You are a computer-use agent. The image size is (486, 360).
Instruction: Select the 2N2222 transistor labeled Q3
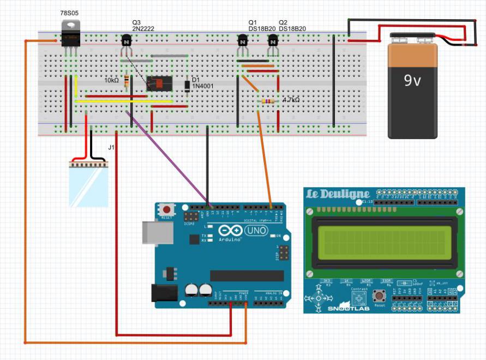127,41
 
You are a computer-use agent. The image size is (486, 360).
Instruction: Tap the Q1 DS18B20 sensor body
243,41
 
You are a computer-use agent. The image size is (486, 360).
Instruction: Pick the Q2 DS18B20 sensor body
273,41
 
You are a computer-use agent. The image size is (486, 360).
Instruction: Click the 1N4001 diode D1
187,85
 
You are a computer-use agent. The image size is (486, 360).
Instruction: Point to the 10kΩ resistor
127,81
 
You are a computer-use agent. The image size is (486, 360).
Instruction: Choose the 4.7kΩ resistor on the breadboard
268,101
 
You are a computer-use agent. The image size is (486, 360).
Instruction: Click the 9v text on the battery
412,81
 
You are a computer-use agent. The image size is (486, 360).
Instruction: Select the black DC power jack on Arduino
164,292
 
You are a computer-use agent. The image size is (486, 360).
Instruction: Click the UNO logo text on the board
257,231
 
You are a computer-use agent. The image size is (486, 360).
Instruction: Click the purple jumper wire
169,158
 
